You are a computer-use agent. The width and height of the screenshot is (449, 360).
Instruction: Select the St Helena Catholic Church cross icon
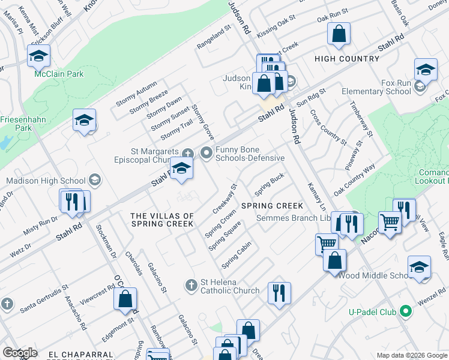[191, 284]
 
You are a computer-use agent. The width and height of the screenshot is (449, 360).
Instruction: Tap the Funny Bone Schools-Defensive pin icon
[206, 152]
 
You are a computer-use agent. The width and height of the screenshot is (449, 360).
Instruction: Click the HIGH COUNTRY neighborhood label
[347, 59]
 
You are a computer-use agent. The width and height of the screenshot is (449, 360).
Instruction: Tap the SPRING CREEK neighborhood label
[272, 206]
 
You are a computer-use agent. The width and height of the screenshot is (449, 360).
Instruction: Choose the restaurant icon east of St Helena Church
[279, 293]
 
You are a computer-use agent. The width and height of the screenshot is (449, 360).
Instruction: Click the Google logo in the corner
[19, 353]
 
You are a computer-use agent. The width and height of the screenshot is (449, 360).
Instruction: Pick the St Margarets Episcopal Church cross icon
[187, 154]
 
